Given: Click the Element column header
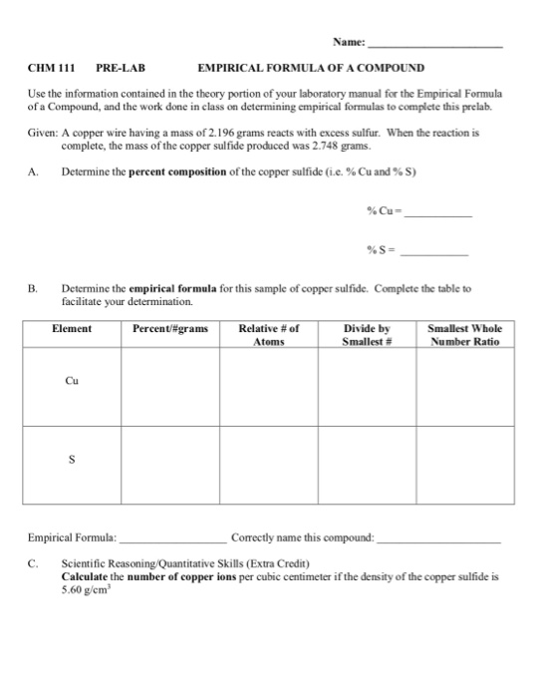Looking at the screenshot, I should [x=72, y=328].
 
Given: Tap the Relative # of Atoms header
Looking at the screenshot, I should [x=269, y=334].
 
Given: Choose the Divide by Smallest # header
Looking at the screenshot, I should [x=367, y=334].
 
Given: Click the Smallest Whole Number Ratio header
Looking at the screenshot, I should [x=464, y=334].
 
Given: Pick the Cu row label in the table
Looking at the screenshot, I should [x=72, y=380].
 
